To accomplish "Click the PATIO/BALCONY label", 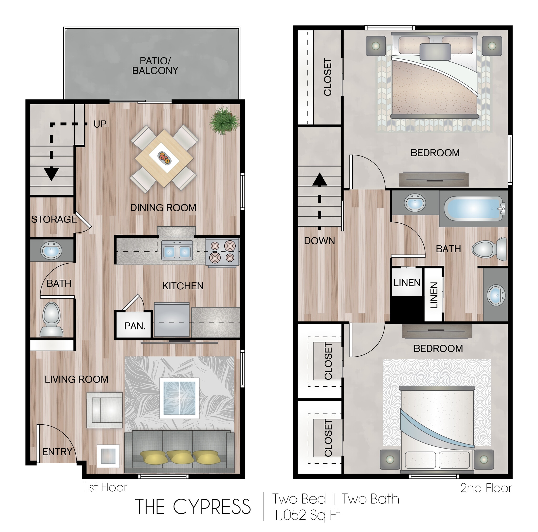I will point(155,65).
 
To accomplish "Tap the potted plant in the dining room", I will point(224,121).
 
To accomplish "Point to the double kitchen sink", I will point(177,250).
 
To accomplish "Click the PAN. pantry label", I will point(135,326).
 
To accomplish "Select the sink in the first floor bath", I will point(51,250).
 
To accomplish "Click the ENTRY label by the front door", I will point(57,451).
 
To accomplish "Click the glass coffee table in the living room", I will point(179,398).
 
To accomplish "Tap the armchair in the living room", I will point(105,410).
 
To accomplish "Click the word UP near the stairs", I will point(100,124).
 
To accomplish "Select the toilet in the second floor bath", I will point(490,249).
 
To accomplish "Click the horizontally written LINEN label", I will point(407,283).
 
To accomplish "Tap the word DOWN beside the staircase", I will point(319,241).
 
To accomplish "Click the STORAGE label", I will point(54,219).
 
